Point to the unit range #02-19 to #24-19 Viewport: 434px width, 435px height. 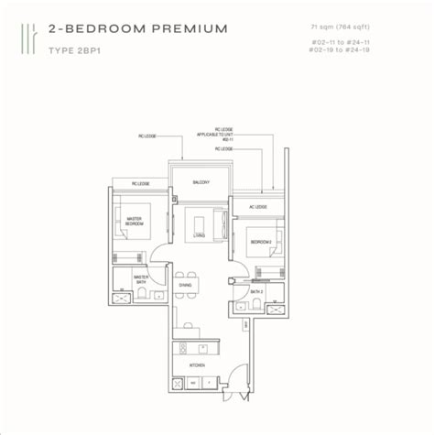[356, 51]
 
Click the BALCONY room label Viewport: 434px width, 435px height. [201, 182]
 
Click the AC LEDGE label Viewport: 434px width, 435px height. [257, 207]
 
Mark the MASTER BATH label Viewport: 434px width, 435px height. [142, 277]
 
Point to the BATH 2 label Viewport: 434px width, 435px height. [258, 291]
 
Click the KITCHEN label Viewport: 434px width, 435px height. [197, 364]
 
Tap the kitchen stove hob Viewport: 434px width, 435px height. [182, 347]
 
